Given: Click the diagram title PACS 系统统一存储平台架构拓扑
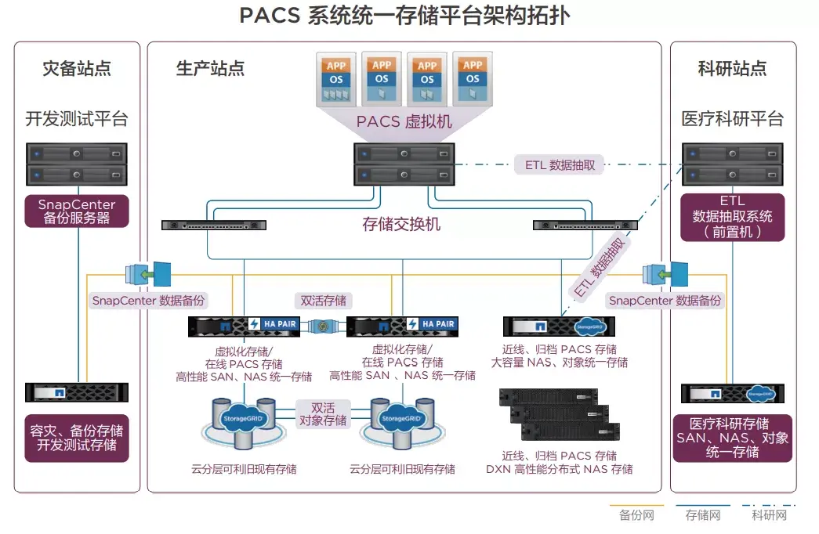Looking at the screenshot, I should point(404,16).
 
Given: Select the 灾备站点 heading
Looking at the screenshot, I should point(77,69).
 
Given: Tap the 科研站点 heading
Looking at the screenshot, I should point(732,69).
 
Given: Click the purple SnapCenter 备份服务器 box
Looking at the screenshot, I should point(77,211).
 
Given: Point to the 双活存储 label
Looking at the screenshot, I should point(323,300).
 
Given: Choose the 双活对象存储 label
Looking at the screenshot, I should point(323,414).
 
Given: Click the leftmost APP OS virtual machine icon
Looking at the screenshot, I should point(335,78).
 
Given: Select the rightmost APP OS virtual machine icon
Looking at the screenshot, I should point(472,78).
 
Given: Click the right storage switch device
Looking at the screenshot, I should point(585,226).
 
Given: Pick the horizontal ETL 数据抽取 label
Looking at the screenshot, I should point(560,165).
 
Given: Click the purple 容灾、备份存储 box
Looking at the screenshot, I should point(77,438).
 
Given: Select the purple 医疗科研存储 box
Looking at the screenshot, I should point(732,438).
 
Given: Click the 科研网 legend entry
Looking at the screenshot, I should point(769,514).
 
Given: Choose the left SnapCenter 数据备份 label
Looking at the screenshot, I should point(149,300).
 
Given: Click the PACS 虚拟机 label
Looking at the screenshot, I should point(404,121).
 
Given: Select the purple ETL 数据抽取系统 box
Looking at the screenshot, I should point(732,217).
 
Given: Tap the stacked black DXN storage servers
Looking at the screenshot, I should point(559,414).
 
